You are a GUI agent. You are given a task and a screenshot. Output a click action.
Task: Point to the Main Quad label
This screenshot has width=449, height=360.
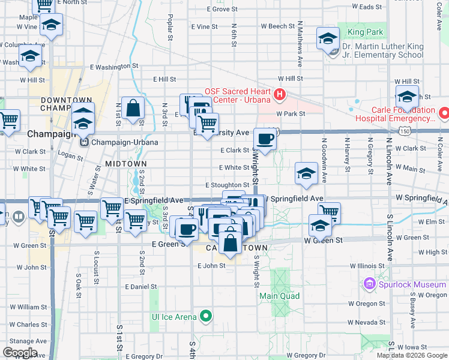279,296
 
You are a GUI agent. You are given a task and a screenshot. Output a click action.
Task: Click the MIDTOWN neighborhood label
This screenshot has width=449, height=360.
125,164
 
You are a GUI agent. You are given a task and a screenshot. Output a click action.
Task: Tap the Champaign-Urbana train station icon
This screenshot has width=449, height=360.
84,143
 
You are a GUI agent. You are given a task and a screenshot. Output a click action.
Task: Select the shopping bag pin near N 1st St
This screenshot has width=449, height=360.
133,109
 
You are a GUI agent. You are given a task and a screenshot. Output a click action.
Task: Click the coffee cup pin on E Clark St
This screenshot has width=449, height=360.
265,139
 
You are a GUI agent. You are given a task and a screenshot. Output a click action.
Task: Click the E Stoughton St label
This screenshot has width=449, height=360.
227,185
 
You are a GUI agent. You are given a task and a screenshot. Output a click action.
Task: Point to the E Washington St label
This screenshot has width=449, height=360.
114,67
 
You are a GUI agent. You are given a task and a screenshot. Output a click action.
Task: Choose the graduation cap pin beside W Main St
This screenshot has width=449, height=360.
306,173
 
